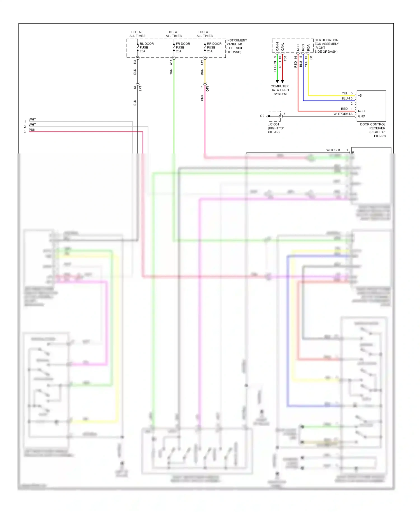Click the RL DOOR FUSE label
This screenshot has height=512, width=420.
pos(146,47)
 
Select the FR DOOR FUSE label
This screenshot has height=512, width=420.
pos(183,47)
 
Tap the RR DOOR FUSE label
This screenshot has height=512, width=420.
pos(214,47)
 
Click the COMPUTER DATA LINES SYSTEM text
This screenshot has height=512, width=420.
pos(279,90)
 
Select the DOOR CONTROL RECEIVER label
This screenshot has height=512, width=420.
pos(373,130)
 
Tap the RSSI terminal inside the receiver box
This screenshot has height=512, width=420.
pos(362,111)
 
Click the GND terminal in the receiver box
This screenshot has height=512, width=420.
pos(361,116)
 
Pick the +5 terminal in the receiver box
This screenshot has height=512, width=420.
pos(360,96)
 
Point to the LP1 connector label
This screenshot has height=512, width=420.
pos(140,88)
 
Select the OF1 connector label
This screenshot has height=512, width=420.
pos(207,89)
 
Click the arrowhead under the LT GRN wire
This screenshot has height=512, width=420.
pos(277,82)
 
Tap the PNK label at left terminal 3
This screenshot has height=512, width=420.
pos(32,130)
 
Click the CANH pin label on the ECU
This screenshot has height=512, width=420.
pos(277,46)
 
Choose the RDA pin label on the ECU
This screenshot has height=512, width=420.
pos(308,47)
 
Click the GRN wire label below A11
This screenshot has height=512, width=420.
pos(171,72)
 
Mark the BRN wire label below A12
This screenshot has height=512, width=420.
pos(202,72)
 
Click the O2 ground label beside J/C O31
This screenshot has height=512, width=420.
pos(262,116)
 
